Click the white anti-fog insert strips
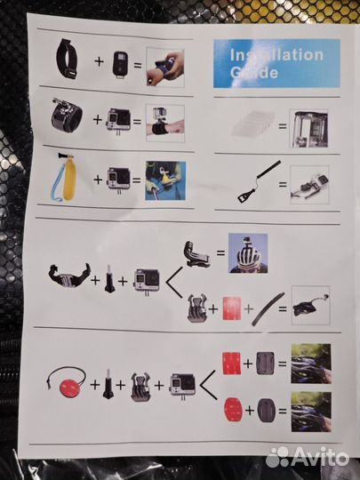point(246,125)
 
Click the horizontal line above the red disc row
point(178,328)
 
